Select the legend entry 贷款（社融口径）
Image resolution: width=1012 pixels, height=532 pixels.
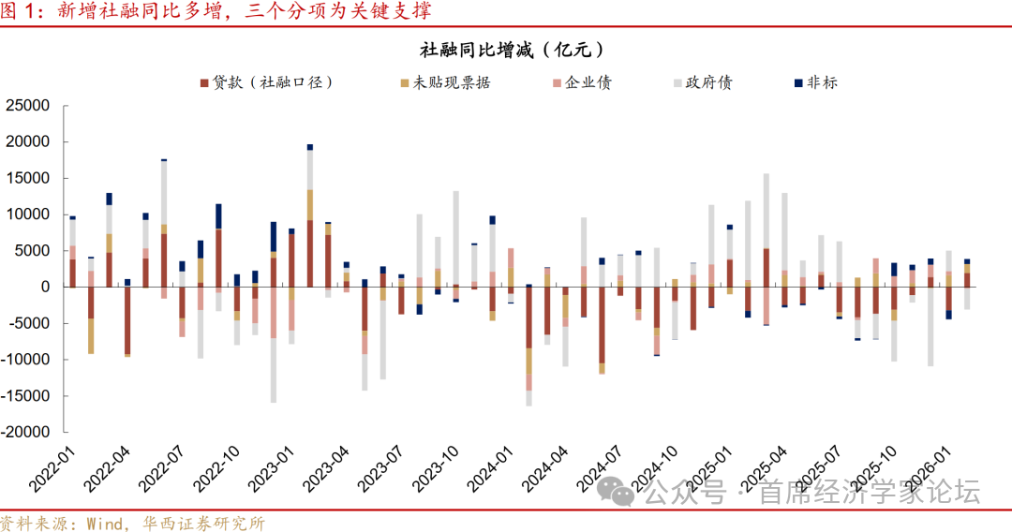click(x=266, y=82)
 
